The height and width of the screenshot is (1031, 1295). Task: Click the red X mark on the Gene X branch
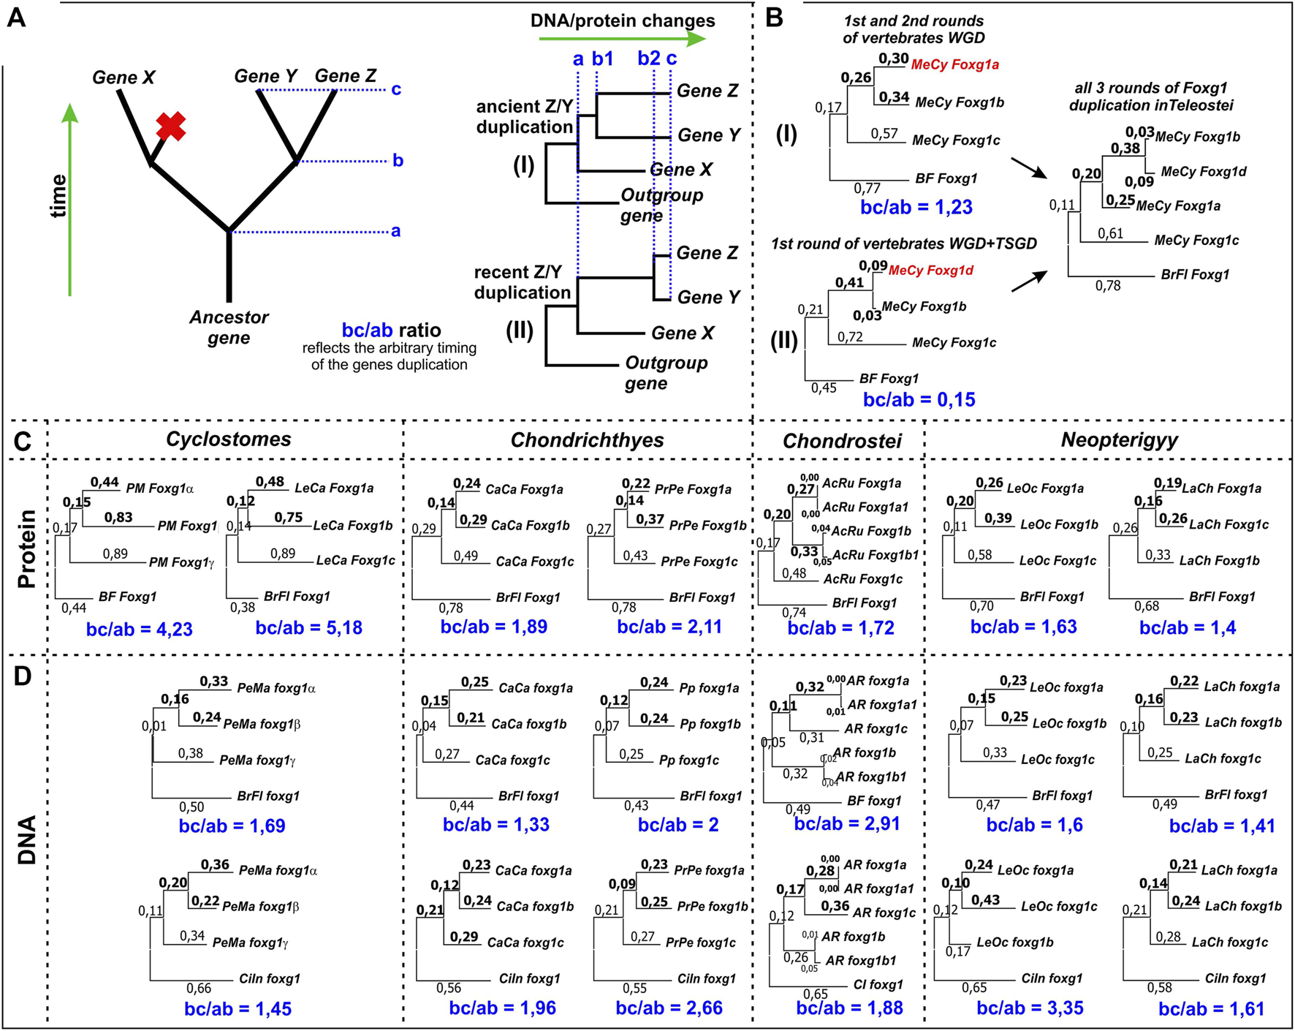[x=170, y=126]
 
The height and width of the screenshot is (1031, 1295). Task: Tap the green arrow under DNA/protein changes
[x=622, y=39]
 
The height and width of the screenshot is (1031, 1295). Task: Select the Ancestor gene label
[x=229, y=328]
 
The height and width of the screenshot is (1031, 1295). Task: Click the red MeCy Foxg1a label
[x=954, y=65]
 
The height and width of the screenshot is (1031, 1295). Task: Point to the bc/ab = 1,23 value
[x=916, y=207]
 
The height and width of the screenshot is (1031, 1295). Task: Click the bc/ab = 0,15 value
[x=919, y=400]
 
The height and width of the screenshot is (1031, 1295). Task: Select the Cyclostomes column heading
[x=228, y=439]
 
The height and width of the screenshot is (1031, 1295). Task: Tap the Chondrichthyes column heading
[x=587, y=440]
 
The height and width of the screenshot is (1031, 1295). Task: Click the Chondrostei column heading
[x=842, y=441]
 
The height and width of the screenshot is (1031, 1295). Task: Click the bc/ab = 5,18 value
[x=308, y=628]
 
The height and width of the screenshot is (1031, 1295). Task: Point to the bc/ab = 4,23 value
[x=139, y=630]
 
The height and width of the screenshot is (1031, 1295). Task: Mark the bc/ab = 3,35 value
[x=1030, y=1008]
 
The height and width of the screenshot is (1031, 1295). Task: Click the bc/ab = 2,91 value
[x=846, y=824]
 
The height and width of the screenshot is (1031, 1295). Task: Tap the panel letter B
[x=774, y=18]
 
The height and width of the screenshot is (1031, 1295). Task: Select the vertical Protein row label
[x=27, y=548]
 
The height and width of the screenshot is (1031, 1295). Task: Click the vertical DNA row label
[x=27, y=841]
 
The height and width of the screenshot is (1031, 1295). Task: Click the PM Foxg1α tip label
[x=159, y=488]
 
